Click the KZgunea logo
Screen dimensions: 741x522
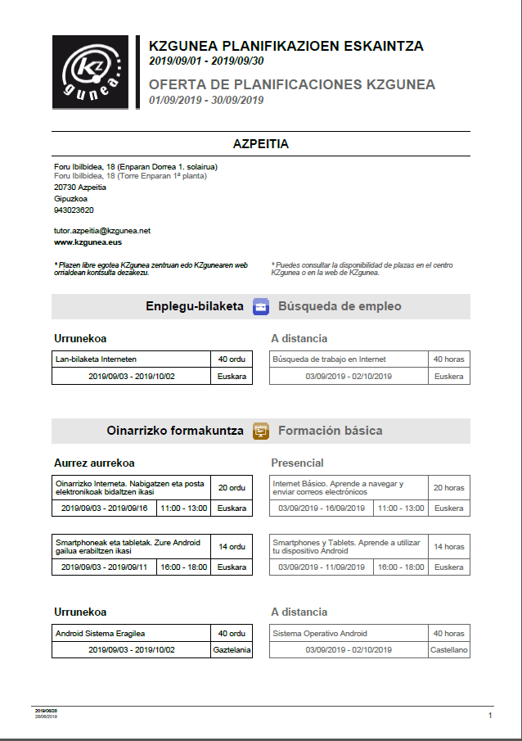click(x=90, y=72)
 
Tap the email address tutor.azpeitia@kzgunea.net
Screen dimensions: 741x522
click(x=102, y=231)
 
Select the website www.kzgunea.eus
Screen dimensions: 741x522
click(x=88, y=242)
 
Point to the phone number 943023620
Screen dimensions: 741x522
click(x=74, y=210)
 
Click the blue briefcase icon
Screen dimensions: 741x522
click(x=261, y=307)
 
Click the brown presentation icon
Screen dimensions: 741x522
click(x=261, y=431)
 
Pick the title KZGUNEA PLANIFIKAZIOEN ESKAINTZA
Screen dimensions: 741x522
click(x=286, y=47)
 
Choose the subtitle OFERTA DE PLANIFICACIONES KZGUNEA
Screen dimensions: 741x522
click(x=292, y=84)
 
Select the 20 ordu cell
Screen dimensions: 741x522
click(x=232, y=487)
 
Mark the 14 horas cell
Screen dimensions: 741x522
click(x=448, y=546)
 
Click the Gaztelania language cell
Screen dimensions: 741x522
click(x=232, y=649)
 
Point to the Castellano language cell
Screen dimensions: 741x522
click(x=449, y=649)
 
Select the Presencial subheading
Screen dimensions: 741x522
click(x=297, y=463)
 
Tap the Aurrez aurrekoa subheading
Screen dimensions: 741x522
click(x=94, y=463)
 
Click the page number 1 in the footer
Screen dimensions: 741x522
click(x=490, y=716)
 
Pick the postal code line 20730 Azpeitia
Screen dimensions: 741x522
click(x=79, y=187)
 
